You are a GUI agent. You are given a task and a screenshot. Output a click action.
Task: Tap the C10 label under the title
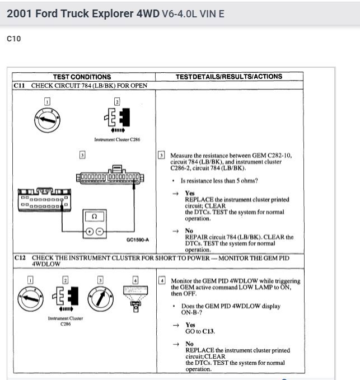13,39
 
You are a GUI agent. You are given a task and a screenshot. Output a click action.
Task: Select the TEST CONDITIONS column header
82,77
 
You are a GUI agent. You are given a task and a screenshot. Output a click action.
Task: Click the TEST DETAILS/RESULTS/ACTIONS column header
228,77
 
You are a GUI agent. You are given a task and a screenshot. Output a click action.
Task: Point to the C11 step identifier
20,86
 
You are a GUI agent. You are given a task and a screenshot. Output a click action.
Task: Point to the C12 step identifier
20,258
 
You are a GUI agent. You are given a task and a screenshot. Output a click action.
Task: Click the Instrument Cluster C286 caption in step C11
117,139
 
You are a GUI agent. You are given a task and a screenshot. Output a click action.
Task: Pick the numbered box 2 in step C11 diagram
117,101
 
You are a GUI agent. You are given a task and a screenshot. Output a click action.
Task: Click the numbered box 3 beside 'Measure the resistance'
161,156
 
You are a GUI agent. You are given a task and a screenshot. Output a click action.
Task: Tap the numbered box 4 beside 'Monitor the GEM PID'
162,279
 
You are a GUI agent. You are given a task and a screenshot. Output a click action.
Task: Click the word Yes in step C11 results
190,193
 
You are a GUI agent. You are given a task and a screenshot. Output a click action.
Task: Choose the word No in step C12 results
189,344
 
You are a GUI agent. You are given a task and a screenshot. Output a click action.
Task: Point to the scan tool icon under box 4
134,296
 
